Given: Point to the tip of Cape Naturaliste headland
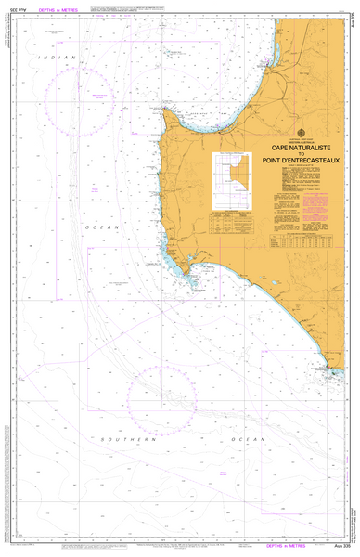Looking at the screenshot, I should (x=164, y=110).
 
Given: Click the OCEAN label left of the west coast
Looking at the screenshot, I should (x=105, y=227).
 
